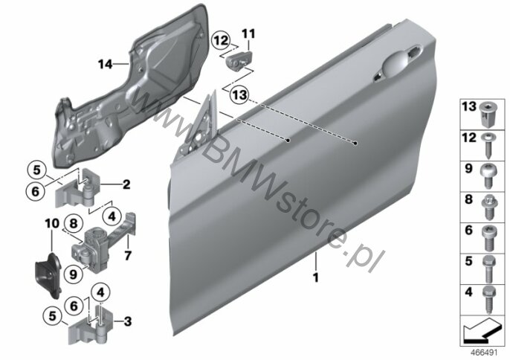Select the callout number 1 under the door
315,279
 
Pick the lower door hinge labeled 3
89,327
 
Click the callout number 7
127,257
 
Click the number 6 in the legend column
468,231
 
